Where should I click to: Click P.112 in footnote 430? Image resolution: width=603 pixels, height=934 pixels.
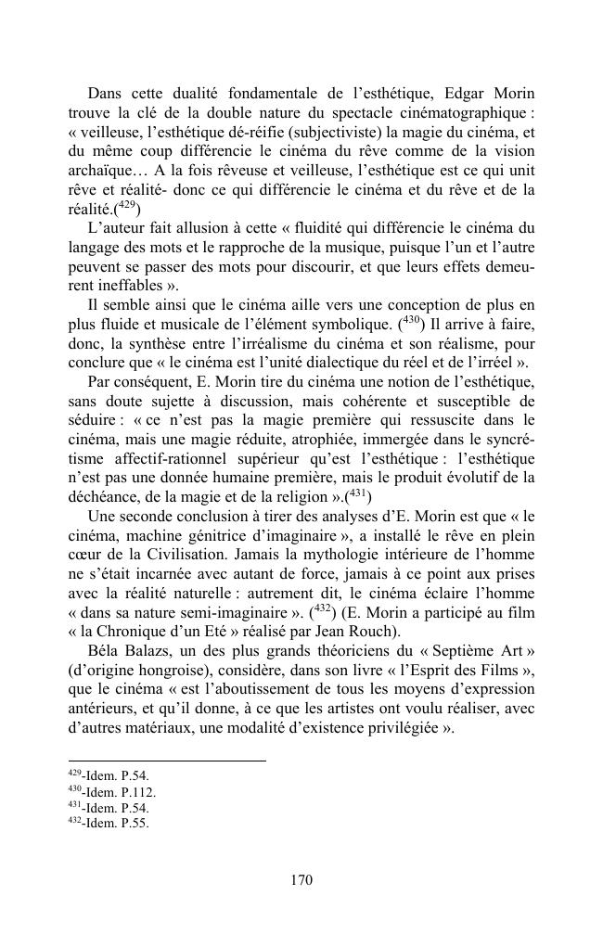[141, 792]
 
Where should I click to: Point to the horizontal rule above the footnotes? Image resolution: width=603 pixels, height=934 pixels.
[167, 761]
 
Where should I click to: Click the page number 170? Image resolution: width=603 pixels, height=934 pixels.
[301, 880]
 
